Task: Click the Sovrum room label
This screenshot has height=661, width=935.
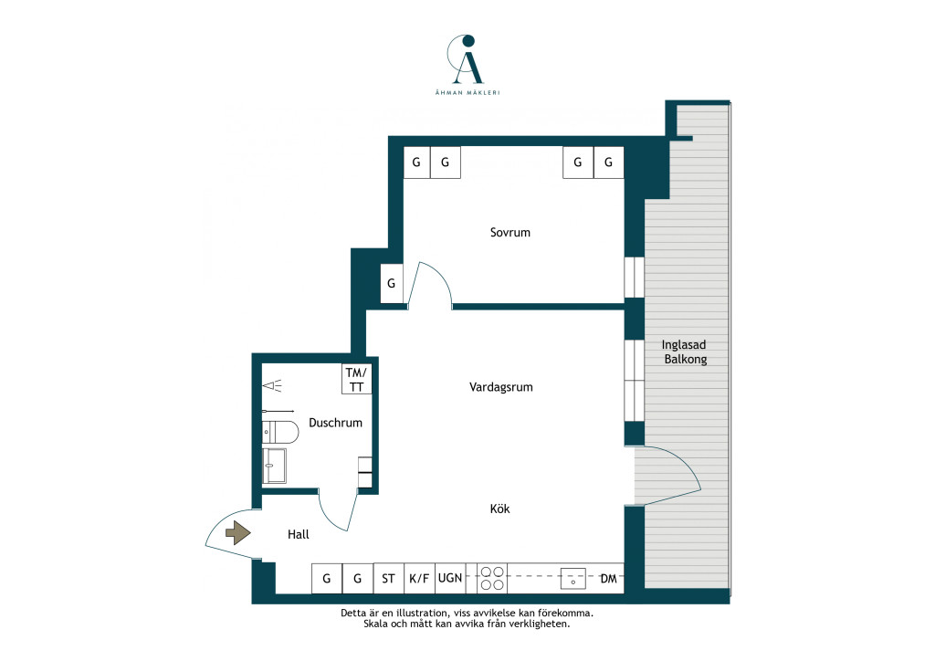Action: tap(510, 233)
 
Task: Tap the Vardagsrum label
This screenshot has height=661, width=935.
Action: tap(501, 387)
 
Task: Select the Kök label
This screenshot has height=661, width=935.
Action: tap(499, 509)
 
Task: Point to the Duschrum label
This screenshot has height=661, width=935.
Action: tap(335, 423)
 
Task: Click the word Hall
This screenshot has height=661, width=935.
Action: tap(299, 534)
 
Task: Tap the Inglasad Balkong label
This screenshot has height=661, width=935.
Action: tap(685, 351)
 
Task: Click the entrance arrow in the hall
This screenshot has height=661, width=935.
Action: tap(238, 532)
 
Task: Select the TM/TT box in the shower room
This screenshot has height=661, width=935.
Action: tap(357, 379)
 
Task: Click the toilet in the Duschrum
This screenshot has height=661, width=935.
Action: tap(280, 432)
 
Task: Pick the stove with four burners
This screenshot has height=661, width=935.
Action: tap(492, 578)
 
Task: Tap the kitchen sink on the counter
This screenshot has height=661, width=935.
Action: tap(573, 578)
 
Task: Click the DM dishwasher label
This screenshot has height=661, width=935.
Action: tap(608, 579)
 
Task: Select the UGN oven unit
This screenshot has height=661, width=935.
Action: tap(450, 578)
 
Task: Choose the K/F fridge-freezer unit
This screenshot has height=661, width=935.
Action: tap(419, 578)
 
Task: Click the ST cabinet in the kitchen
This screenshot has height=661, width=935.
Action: tap(388, 578)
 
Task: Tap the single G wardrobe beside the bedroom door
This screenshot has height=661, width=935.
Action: tap(392, 283)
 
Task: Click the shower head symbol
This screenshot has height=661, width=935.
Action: tap(272, 385)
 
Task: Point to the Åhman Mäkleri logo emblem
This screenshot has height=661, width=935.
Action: tap(466, 59)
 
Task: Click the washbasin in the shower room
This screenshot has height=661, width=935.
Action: tap(274, 466)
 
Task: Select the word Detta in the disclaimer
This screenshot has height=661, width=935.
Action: tap(353, 613)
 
